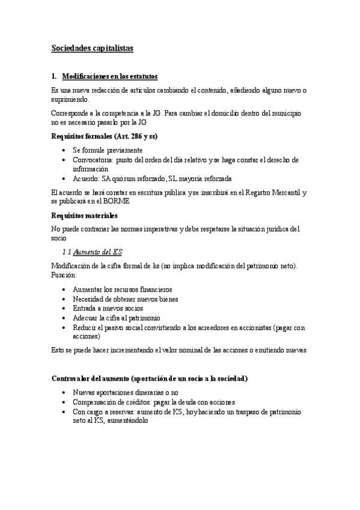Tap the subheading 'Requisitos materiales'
pos(84,215)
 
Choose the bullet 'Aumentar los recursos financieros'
pos(122,289)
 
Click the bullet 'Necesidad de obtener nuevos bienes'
pos(125,298)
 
